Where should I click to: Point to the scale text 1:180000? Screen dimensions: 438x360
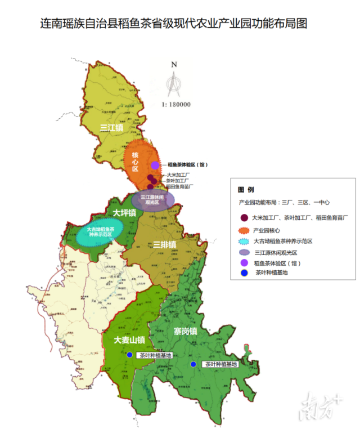coord(176,105)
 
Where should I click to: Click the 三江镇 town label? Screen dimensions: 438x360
coord(111,128)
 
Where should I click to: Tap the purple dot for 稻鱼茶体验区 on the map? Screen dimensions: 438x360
coord(155,165)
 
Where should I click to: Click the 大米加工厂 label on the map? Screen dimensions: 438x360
coord(178,175)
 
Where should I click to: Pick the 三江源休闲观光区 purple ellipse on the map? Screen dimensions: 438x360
coord(152,200)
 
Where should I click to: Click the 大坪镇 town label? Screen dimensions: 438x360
coord(124,213)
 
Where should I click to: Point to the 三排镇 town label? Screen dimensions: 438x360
coord(164,244)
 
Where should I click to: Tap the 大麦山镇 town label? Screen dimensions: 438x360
coord(129,340)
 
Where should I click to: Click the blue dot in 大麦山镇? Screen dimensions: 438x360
coord(130,355)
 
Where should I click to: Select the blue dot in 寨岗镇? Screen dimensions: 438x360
coord(193,364)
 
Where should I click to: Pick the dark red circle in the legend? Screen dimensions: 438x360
coord(244,217)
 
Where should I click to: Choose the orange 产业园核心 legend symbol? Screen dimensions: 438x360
coord(244,230)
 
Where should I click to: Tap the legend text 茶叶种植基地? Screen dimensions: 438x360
coord(272,272)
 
